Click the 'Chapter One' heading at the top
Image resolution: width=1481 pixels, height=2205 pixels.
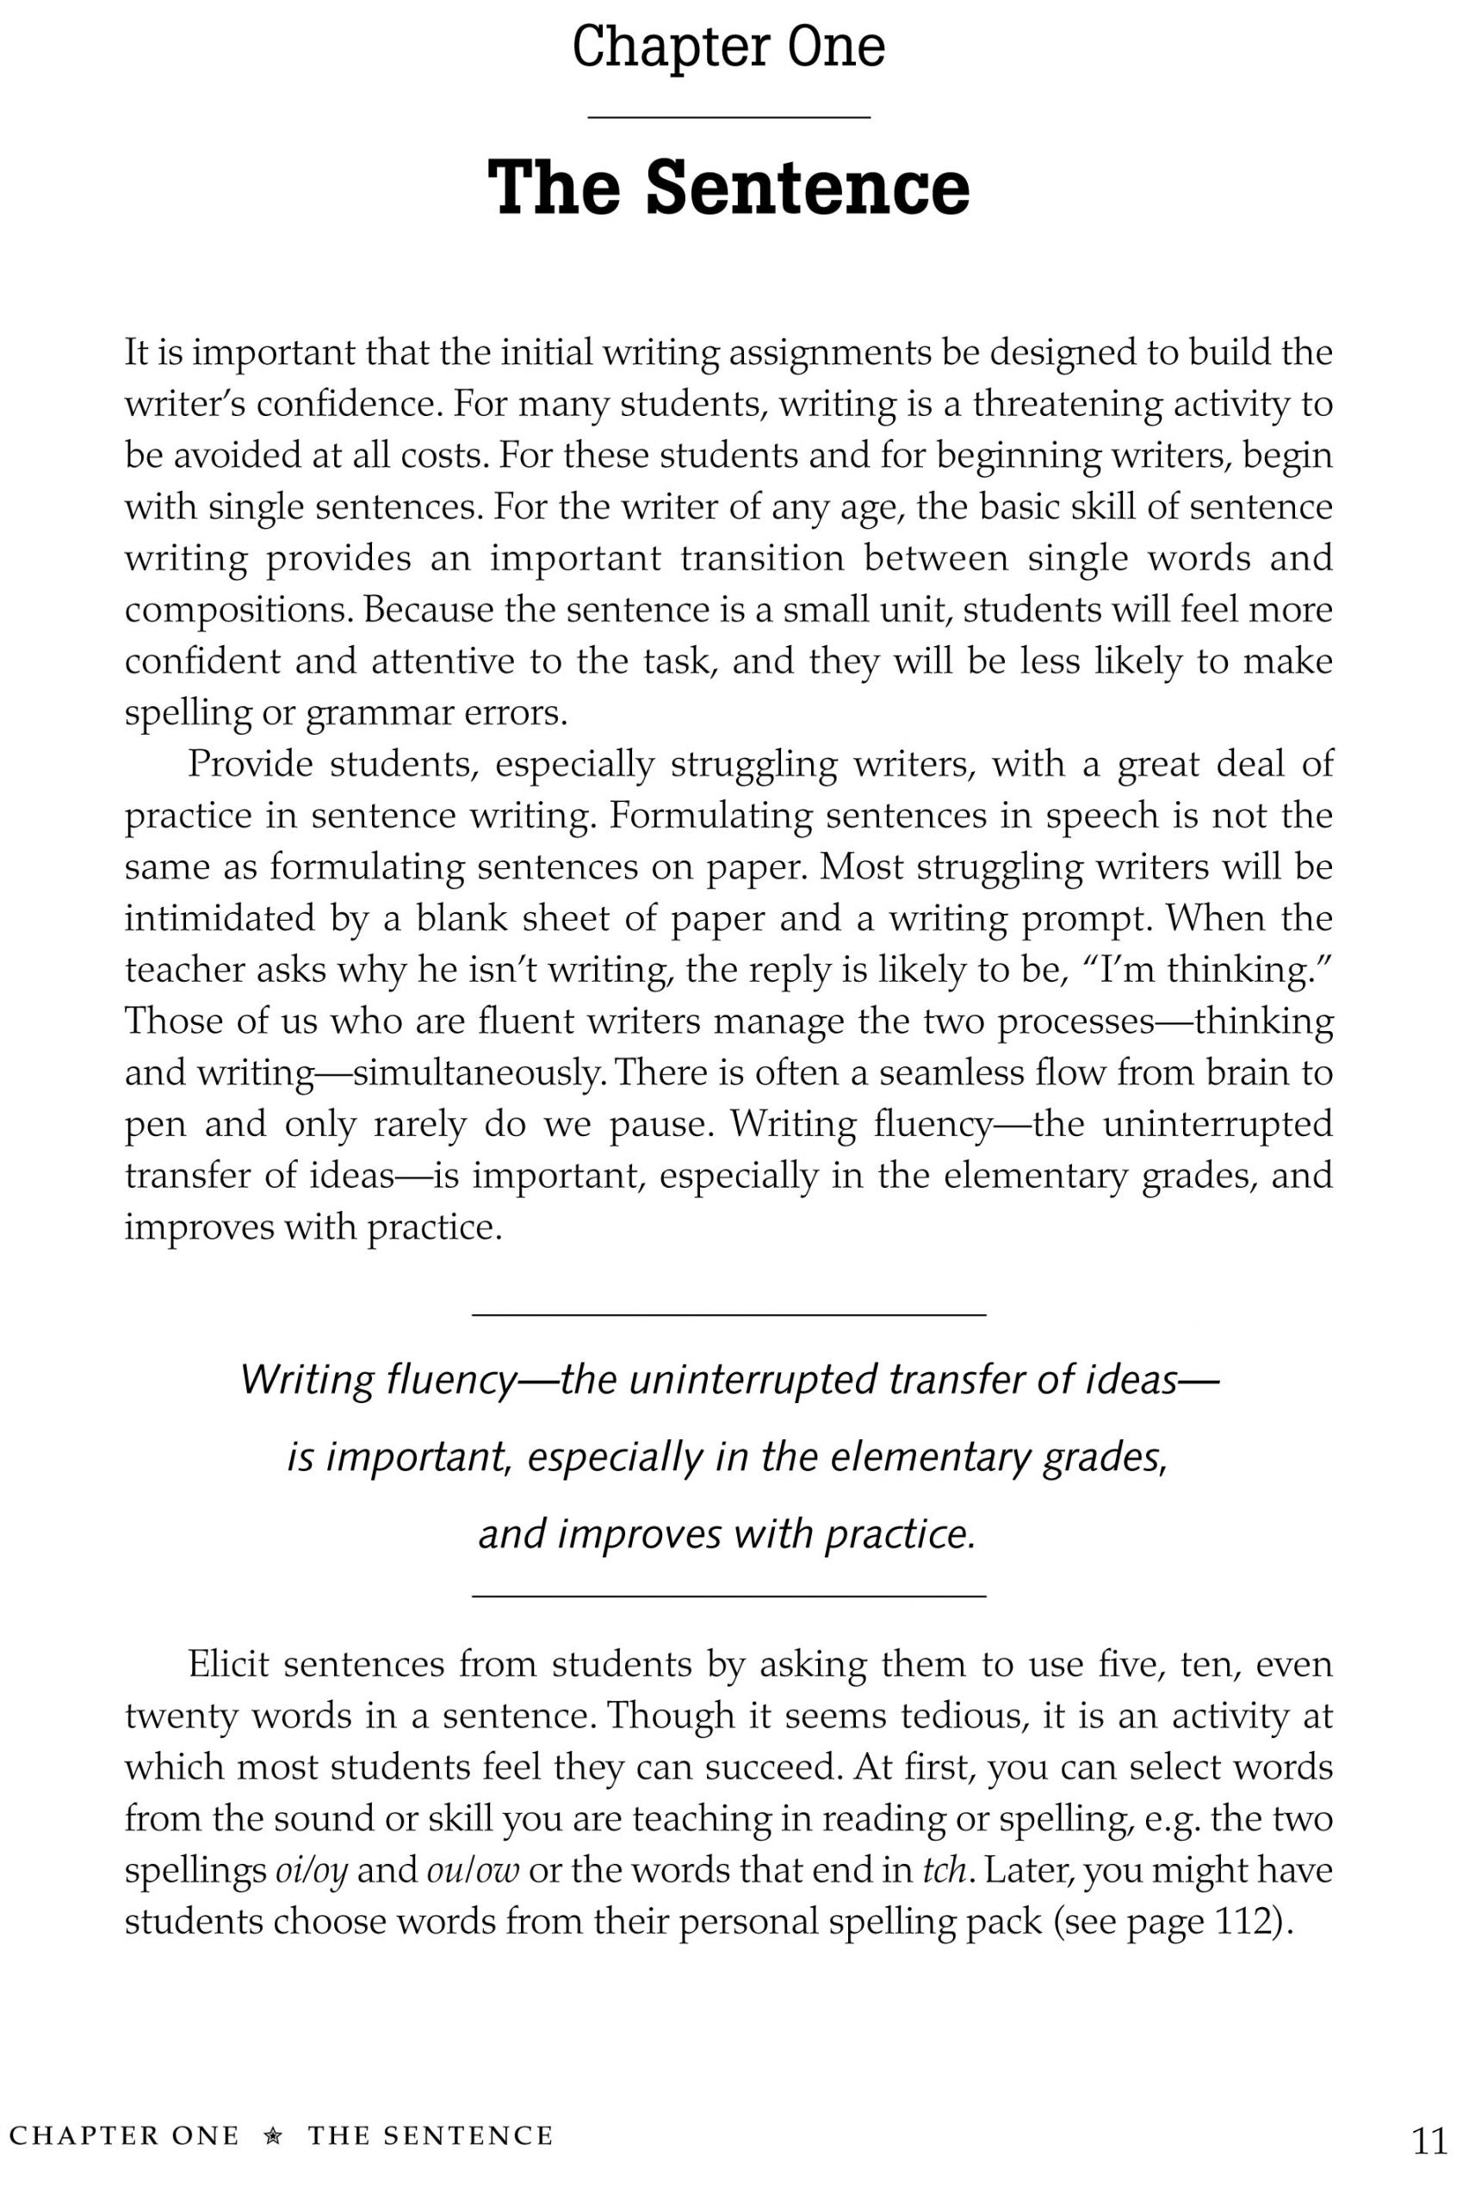coord(728,48)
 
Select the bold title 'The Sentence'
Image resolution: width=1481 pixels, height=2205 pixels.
coord(728,187)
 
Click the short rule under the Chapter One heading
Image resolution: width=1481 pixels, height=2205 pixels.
coord(728,117)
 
